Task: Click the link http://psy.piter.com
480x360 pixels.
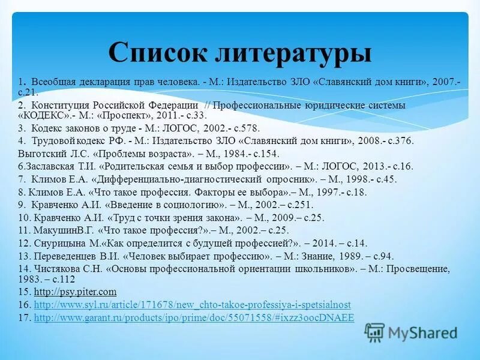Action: (75, 292)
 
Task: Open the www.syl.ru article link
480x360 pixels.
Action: (193, 305)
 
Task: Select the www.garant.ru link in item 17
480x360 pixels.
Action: (194, 317)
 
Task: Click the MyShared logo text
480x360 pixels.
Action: (422, 332)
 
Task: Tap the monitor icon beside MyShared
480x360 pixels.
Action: (375, 332)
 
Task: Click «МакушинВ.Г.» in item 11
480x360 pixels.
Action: (65, 230)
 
